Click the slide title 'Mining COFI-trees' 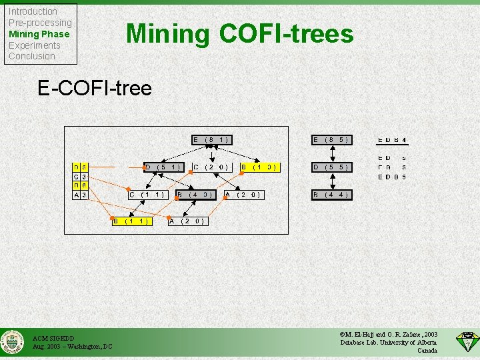tap(240, 33)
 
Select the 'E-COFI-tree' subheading tap(95, 88)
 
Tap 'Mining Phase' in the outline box tap(39, 34)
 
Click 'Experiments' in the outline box tap(34, 45)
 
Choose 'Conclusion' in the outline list tap(31, 56)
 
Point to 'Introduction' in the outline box tap(33, 11)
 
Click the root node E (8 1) tap(211, 140)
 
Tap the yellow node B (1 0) tap(259, 167)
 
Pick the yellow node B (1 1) tap(130, 221)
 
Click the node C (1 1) tap(147, 195)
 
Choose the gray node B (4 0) tap(195, 195)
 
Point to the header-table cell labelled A tap(77, 195)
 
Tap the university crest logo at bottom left tap(13, 342)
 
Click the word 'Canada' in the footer tap(427, 351)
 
